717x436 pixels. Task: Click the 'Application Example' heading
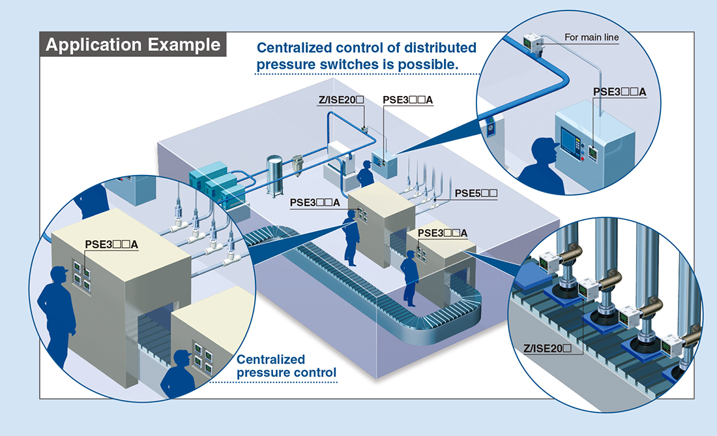(133, 45)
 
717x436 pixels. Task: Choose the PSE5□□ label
(476, 193)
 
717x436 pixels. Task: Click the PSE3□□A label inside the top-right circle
(619, 92)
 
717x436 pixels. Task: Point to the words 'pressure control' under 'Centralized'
(286, 373)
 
